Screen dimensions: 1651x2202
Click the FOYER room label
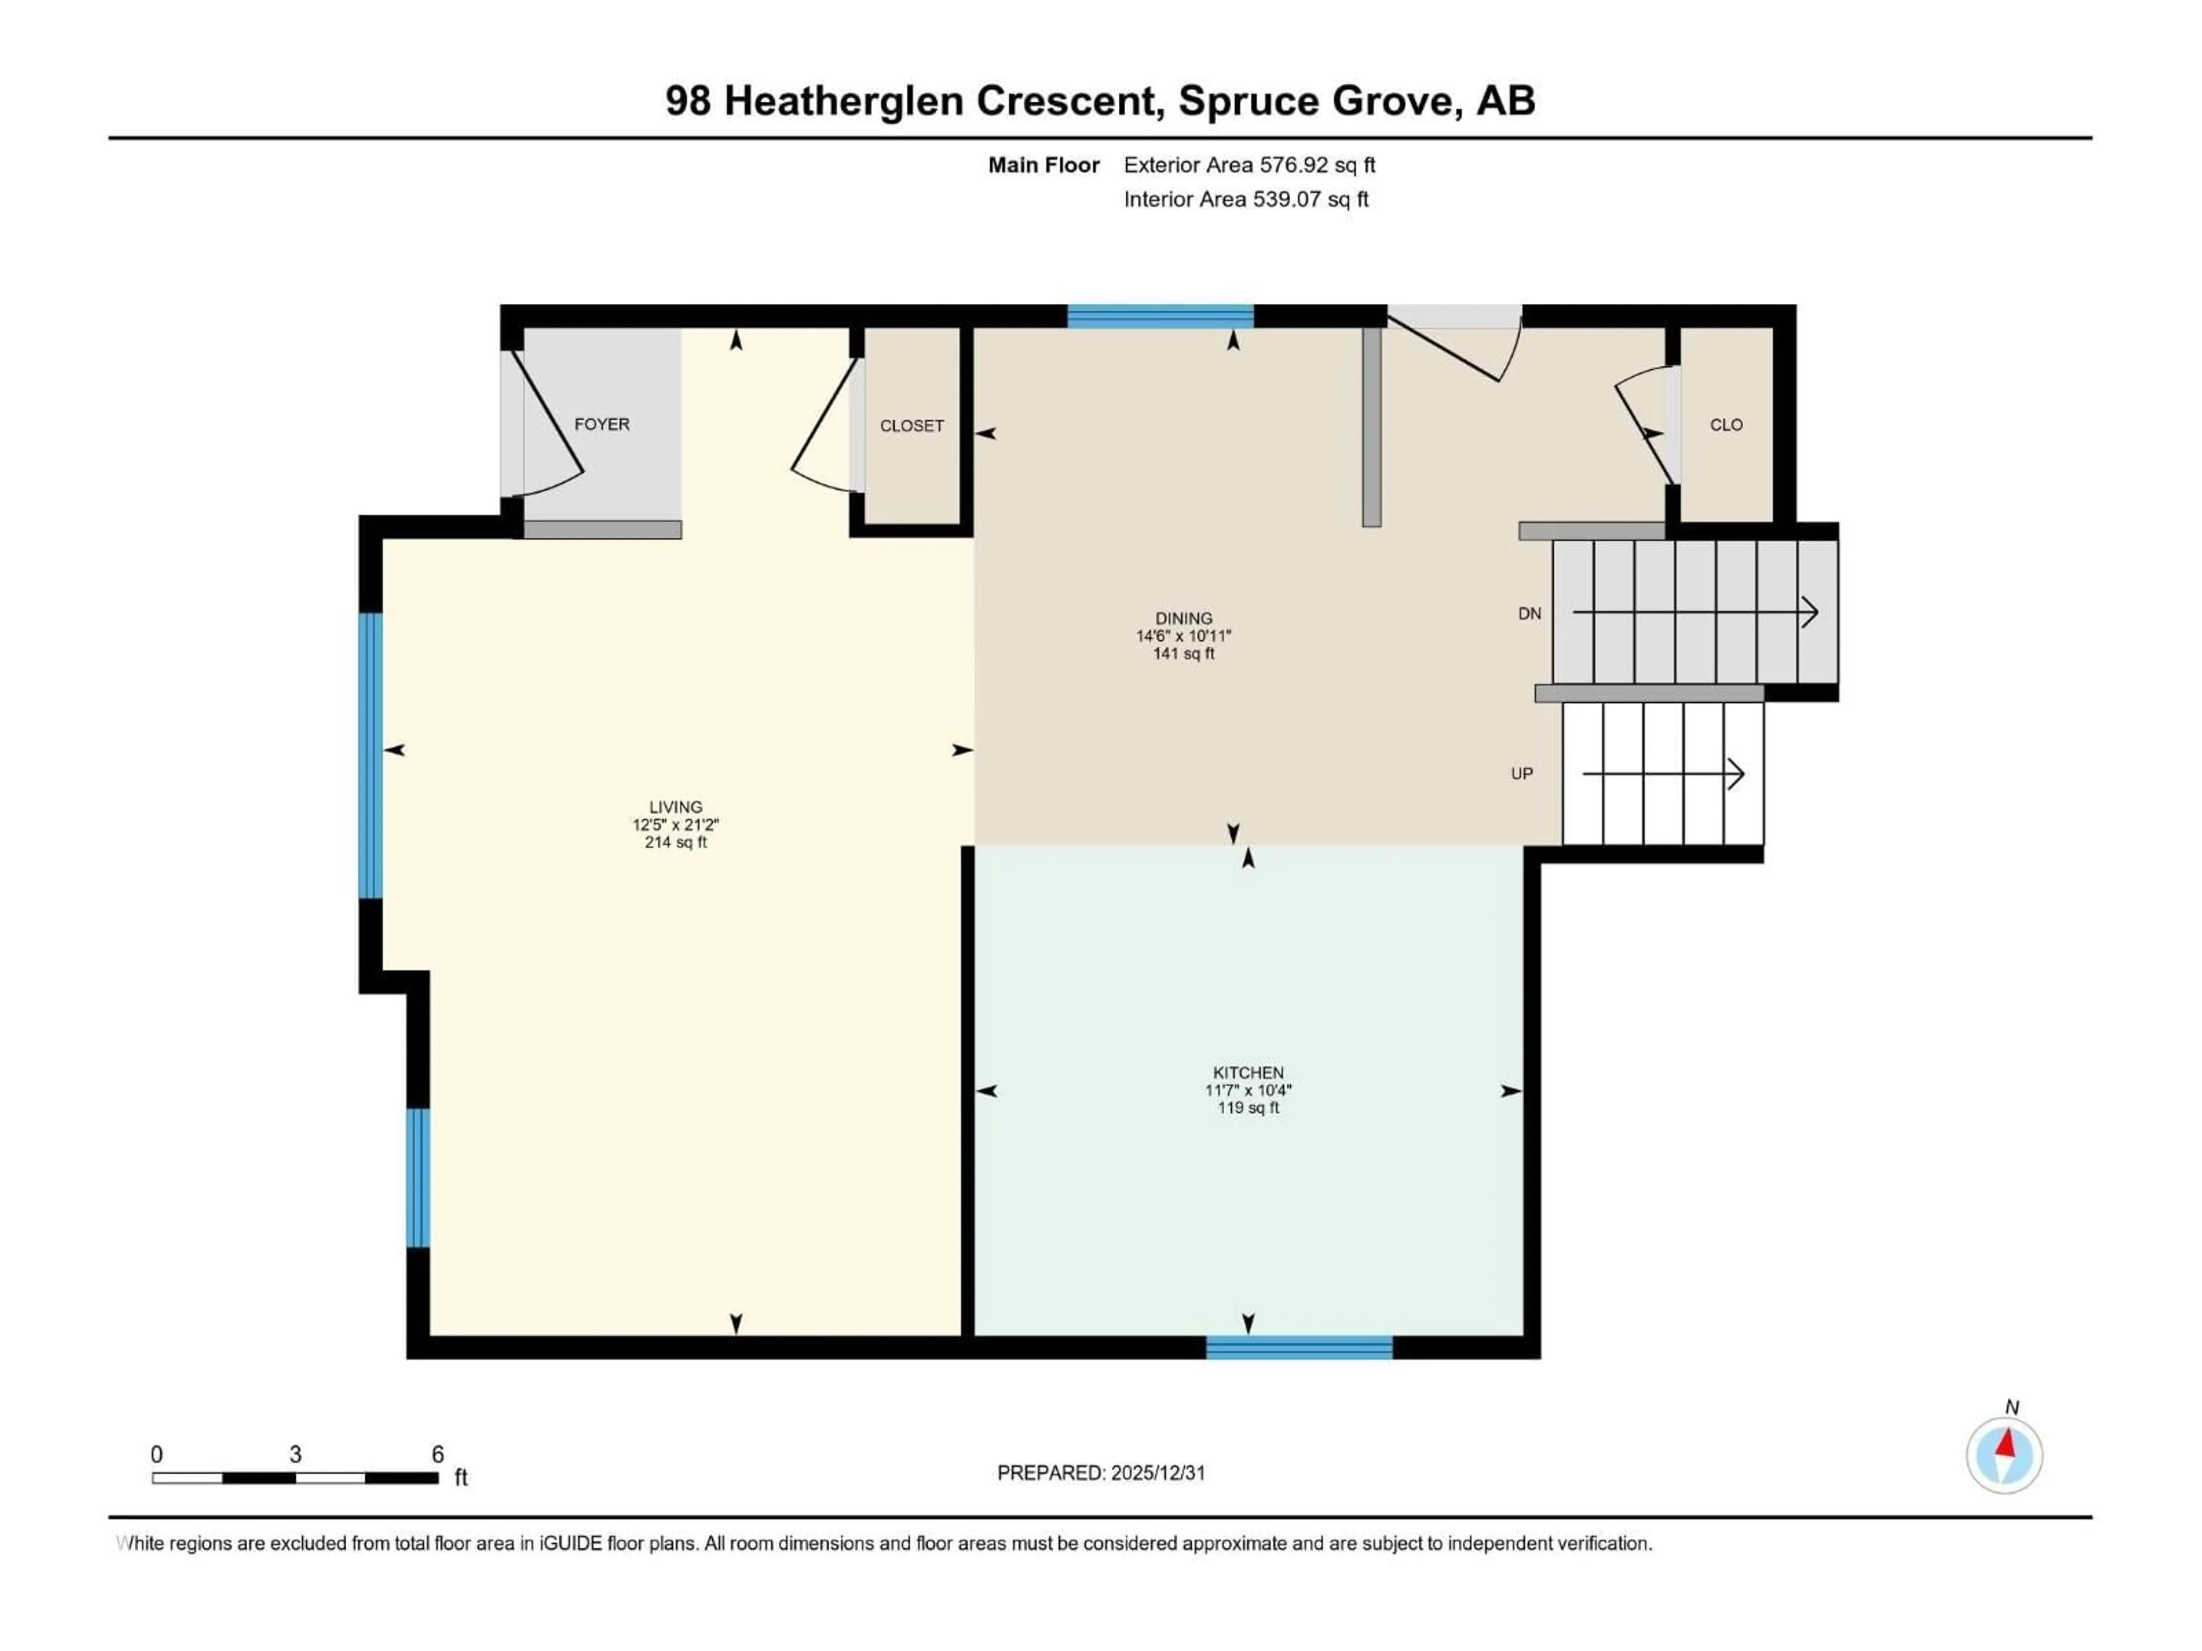[602, 424]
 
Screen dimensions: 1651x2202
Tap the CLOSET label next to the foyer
[911, 426]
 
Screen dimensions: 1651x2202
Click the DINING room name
[1184, 618]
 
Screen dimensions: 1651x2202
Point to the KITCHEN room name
[1247, 1073]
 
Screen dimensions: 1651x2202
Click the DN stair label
[1529, 614]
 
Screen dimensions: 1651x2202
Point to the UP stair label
[1521, 773]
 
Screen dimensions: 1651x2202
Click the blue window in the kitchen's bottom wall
[1298, 1348]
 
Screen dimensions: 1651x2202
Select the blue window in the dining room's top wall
[1159, 316]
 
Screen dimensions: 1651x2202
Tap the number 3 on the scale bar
[296, 1454]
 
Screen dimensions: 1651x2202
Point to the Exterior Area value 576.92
[1293, 165]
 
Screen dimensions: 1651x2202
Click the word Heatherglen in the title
[842, 100]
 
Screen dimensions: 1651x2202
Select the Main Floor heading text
[1043, 165]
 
